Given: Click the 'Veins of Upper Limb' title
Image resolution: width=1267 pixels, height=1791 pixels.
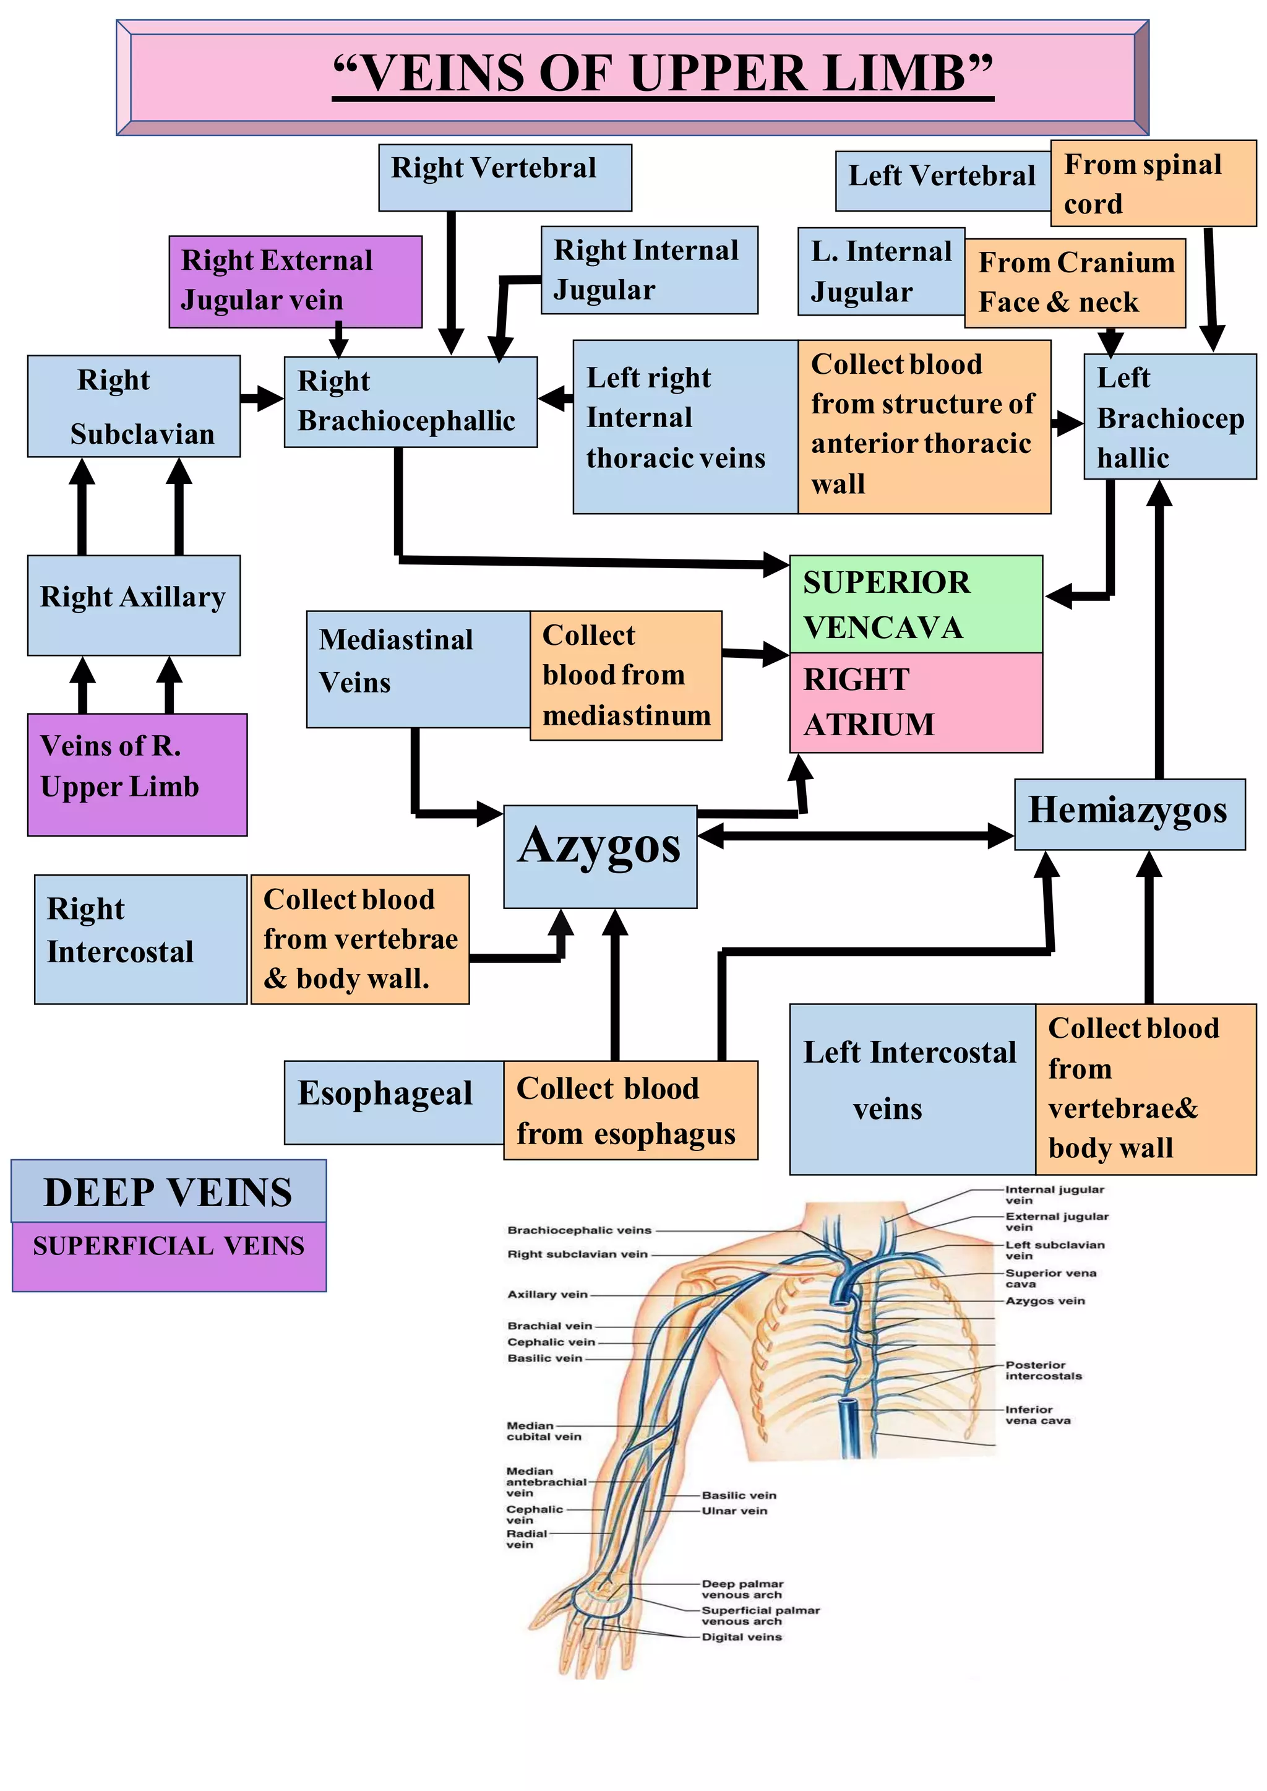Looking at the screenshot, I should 663,74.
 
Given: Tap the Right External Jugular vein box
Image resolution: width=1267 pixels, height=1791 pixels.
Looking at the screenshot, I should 295,281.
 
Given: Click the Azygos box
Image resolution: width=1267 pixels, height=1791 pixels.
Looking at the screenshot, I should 599,856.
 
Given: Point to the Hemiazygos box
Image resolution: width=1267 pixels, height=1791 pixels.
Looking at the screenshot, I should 1128,813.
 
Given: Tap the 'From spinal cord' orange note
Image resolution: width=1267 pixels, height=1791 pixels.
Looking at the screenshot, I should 1153,183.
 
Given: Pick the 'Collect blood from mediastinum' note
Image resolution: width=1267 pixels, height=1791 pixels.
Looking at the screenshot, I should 625,675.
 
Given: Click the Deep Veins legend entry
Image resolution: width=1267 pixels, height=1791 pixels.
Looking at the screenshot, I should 168,1192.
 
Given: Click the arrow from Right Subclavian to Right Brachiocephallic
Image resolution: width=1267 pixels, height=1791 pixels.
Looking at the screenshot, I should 261,399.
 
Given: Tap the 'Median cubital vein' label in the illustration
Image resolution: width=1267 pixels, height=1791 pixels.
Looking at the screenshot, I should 544,1430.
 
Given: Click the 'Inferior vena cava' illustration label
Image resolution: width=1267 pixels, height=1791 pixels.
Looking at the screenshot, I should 1037,1414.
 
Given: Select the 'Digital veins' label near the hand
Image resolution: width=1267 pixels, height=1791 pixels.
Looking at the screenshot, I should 741,1636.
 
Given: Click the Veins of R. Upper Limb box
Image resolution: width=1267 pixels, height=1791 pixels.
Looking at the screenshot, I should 137,774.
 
